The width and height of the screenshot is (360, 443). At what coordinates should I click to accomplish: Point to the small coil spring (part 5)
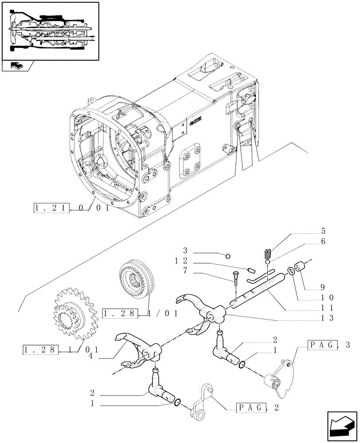click(x=268, y=254)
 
